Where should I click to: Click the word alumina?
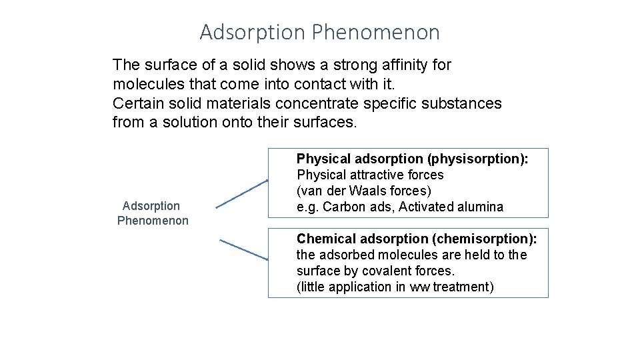pos(481,207)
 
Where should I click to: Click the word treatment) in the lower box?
pos(463,287)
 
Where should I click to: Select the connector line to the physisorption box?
pos(241,193)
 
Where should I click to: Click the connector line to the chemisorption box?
pos(244,249)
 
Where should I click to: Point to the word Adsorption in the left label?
pos(151,207)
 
